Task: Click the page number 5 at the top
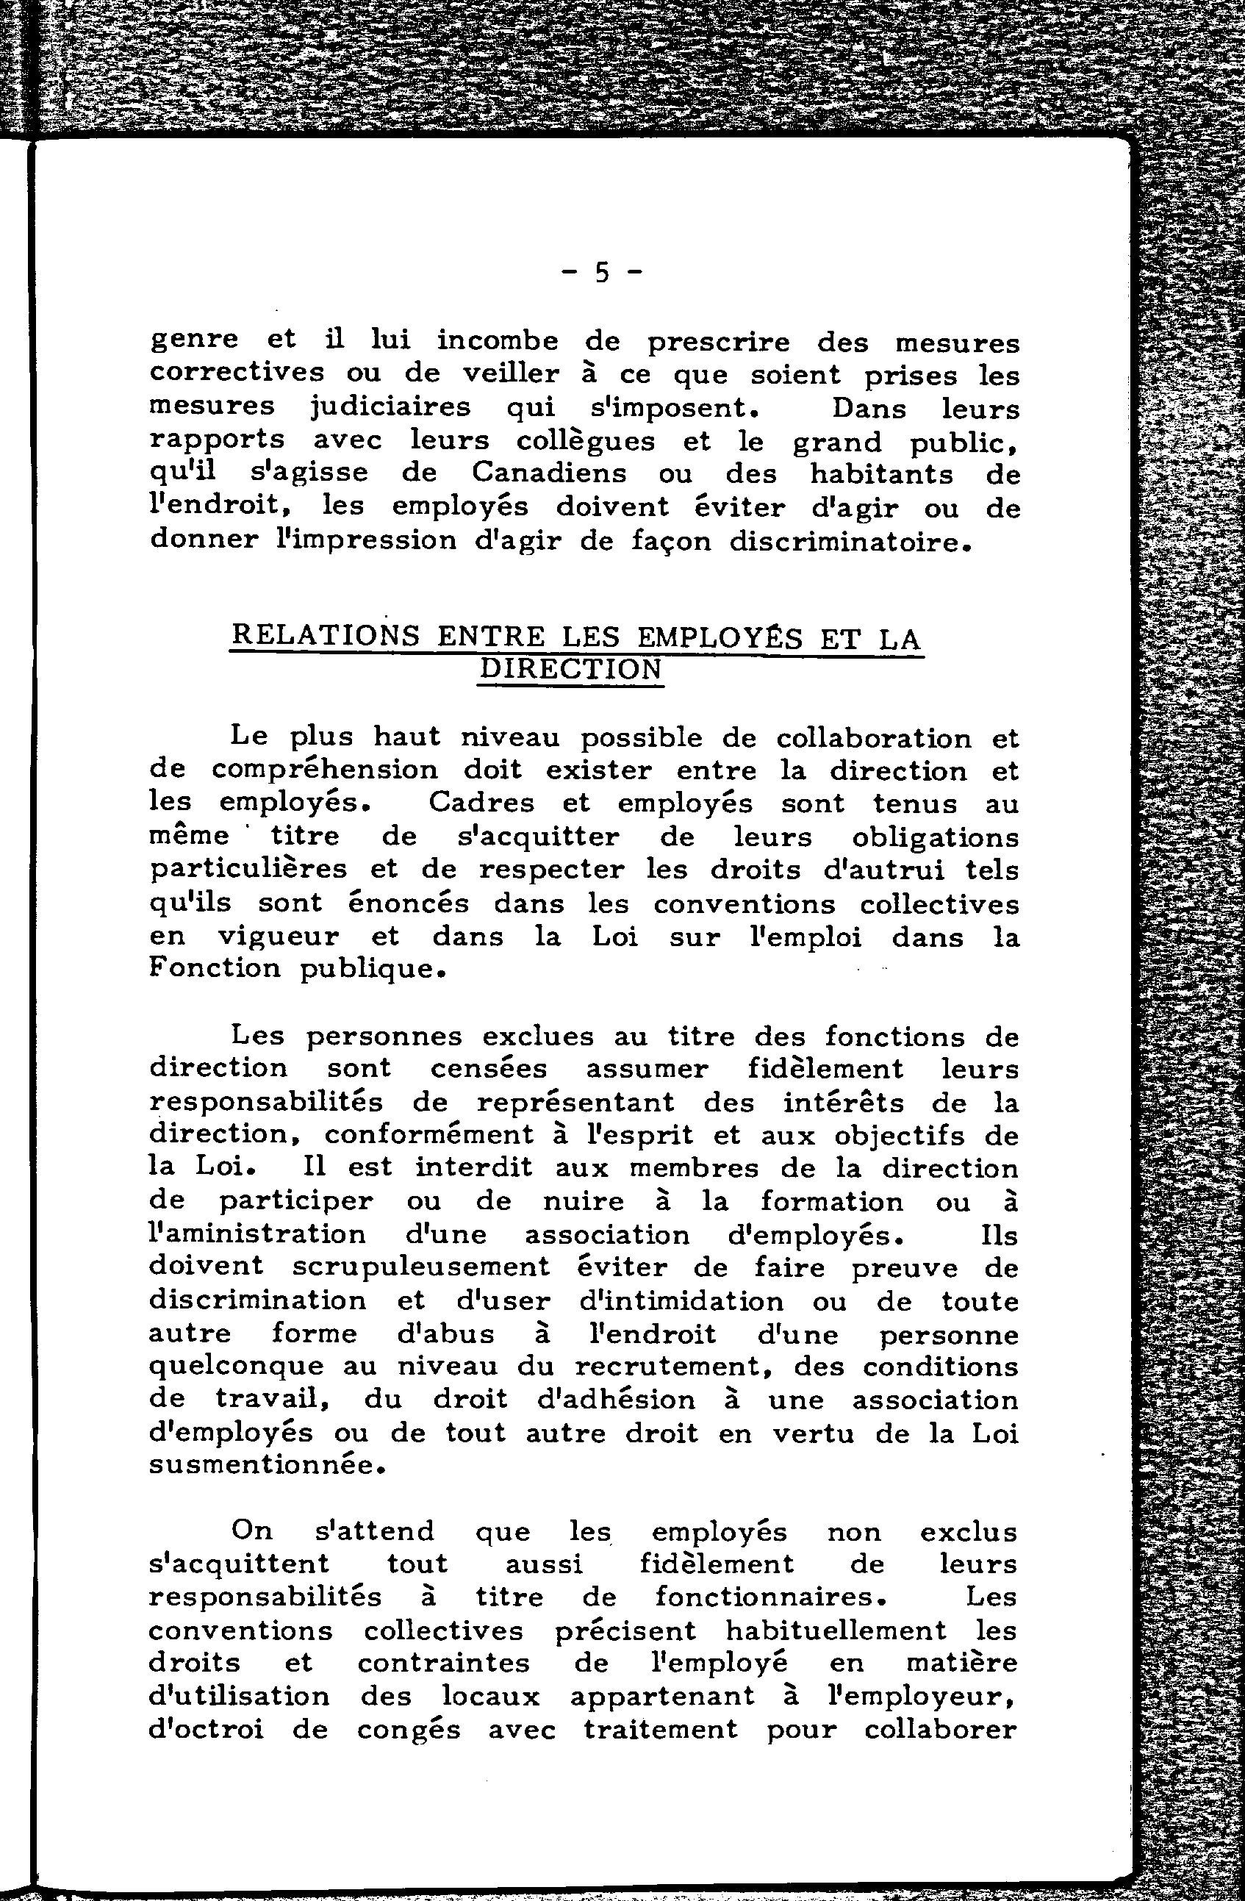[600, 274]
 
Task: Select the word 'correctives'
[237, 373]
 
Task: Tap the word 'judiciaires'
[390, 407]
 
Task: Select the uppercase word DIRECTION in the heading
[571, 670]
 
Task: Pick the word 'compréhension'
[326, 771]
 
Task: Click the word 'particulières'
[249, 869]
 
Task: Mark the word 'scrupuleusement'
[422, 1267]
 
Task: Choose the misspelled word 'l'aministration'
[258, 1235]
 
